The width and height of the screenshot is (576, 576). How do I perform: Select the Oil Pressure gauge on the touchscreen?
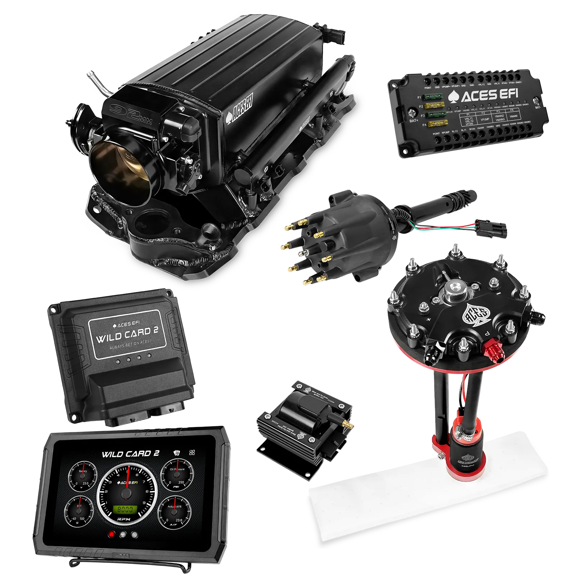[x=176, y=475]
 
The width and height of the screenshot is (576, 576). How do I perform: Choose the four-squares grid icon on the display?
[x=192, y=453]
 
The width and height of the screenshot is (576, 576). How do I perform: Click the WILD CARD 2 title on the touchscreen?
[x=130, y=454]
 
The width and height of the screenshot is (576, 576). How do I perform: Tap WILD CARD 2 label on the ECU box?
[x=127, y=334]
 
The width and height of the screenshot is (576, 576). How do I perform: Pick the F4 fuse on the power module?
[x=435, y=124]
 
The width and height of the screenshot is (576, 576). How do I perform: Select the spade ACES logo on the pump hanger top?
[x=476, y=314]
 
